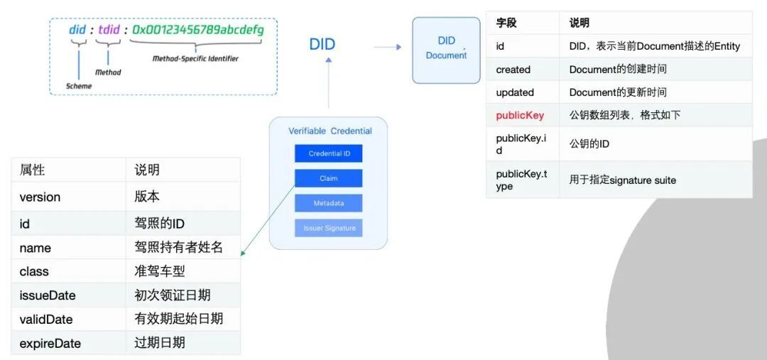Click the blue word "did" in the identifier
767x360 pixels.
[x=77, y=31]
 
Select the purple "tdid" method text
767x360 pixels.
[x=109, y=31]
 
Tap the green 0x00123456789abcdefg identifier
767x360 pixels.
[x=198, y=31]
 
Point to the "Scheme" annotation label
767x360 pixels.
[x=79, y=86]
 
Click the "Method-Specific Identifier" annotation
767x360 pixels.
[x=195, y=59]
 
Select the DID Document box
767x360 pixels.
[x=446, y=49]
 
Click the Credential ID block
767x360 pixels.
[x=328, y=154]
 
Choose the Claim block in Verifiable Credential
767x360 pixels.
[x=328, y=178]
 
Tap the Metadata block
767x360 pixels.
[x=328, y=203]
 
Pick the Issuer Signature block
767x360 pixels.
[x=328, y=228]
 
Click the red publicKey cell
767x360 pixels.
[x=520, y=115]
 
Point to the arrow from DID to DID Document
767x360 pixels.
[x=387, y=48]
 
